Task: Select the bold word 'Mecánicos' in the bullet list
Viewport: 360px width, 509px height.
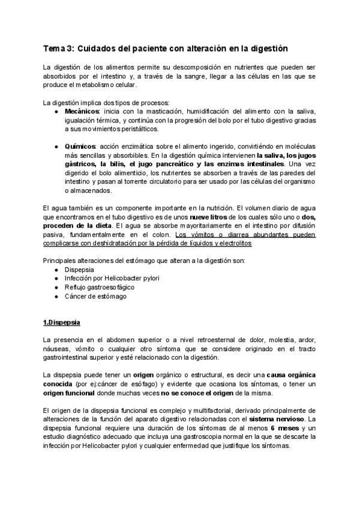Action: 82,112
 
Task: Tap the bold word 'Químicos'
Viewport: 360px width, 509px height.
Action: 80,147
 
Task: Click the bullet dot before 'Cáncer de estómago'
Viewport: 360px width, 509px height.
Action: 56,297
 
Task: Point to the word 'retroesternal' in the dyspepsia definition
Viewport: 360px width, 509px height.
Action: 187,340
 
